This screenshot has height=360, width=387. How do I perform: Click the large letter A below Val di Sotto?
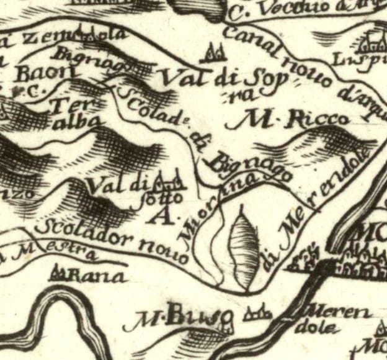click(162, 217)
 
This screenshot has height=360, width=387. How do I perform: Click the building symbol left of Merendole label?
click(256, 314)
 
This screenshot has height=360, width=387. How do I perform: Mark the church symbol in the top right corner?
click(373, 41)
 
